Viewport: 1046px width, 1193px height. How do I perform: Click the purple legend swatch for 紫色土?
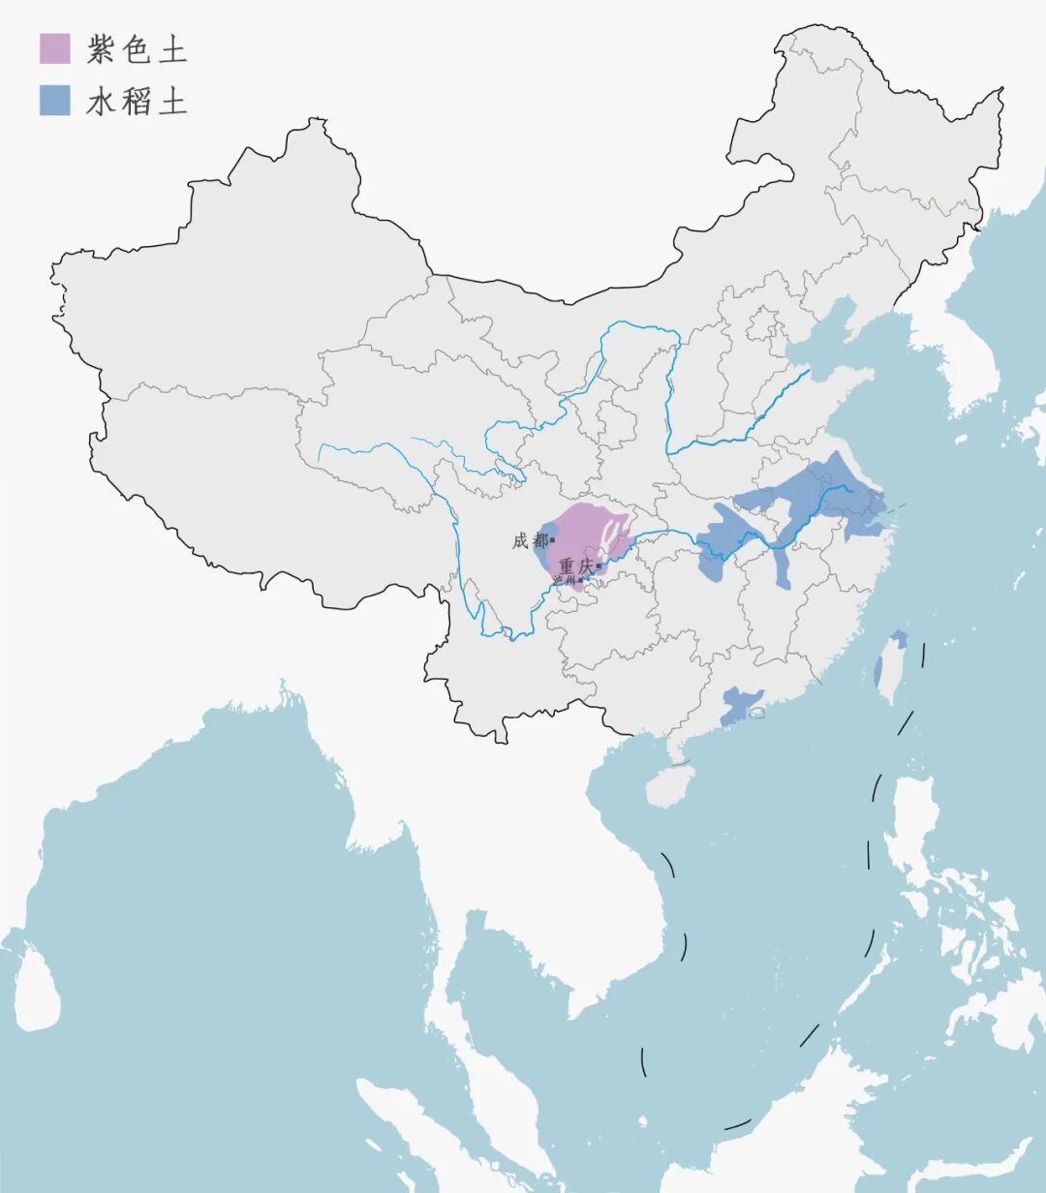coord(54,48)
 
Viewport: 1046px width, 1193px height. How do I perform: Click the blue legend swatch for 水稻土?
coord(54,100)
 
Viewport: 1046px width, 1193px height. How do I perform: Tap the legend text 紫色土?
coord(137,49)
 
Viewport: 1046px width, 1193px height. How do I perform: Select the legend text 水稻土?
coord(137,101)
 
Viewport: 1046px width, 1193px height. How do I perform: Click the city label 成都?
coord(529,541)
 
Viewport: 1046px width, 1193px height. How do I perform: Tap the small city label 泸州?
coord(564,580)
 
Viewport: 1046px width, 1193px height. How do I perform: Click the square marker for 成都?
coord(552,540)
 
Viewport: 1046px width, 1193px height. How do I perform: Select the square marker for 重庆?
coord(599,566)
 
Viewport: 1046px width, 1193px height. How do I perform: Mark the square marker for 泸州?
coord(580,580)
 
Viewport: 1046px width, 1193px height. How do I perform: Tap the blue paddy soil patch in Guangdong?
coord(740,705)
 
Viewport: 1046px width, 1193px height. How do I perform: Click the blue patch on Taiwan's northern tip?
coord(899,639)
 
